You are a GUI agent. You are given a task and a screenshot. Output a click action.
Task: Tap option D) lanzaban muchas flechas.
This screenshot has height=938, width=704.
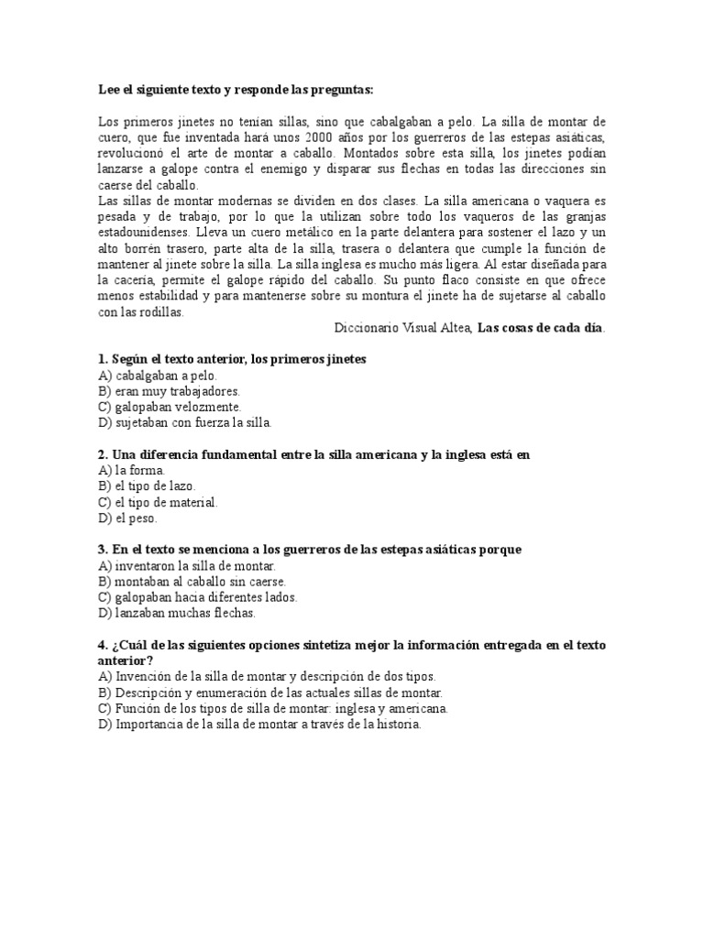click(x=178, y=613)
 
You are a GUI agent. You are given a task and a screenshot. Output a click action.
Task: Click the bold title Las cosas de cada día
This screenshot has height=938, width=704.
click(x=541, y=328)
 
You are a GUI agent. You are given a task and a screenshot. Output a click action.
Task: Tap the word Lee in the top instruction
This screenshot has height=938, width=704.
click(x=108, y=90)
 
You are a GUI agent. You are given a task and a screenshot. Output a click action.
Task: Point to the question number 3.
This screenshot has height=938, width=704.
click(x=101, y=550)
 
